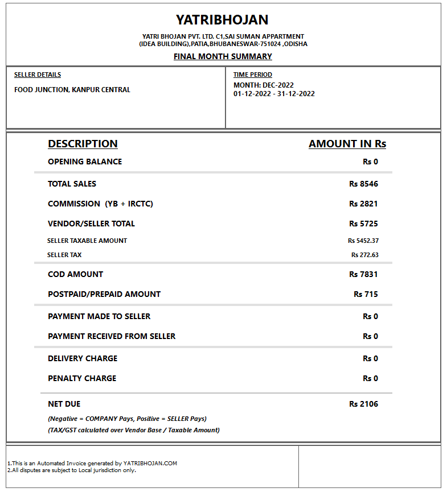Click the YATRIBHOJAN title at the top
tap(222, 20)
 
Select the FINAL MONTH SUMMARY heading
tap(223, 56)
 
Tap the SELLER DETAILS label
tap(38, 75)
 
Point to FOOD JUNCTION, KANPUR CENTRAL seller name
tap(72, 89)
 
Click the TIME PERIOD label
tap(253, 75)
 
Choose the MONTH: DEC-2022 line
tap(264, 85)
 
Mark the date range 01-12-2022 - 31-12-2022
tap(274, 94)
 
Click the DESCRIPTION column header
tap(83, 144)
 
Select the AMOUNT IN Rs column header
tap(347, 144)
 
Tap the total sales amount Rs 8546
tap(363, 184)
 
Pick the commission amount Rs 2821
tap(363, 204)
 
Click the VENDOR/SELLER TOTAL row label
tap(91, 224)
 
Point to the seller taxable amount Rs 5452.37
tap(363, 241)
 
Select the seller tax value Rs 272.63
tap(364, 255)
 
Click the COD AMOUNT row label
tap(75, 274)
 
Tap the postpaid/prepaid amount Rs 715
tap(366, 294)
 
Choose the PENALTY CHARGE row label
tap(82, 378)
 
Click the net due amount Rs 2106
tap(363, 404)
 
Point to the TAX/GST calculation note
tap(134, 430)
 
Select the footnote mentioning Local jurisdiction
tap(72, 470)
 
